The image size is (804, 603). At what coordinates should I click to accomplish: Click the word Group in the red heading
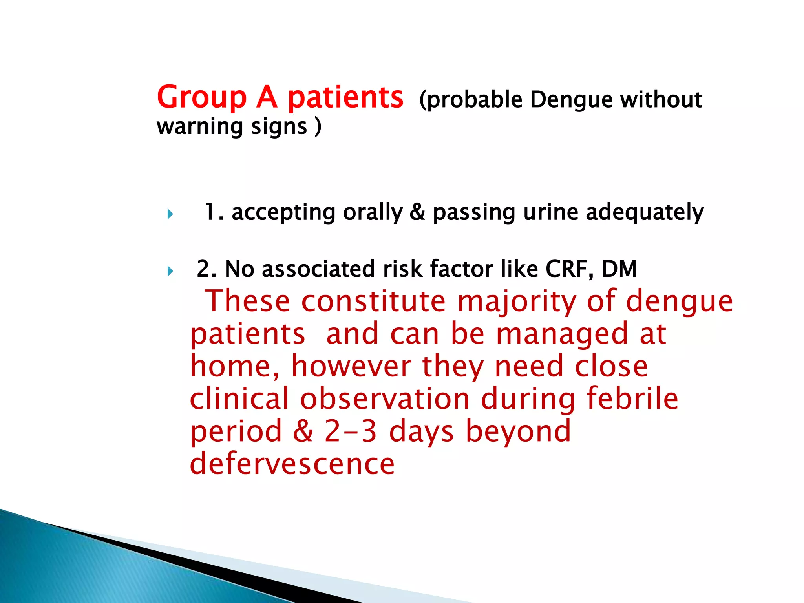(201, 97)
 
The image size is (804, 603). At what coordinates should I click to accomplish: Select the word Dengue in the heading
(571, 100)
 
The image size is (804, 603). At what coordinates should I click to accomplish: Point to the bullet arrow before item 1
(170, 214)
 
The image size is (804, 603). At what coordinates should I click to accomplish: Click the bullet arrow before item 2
(170, 271)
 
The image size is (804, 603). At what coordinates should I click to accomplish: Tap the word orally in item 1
(373, 212)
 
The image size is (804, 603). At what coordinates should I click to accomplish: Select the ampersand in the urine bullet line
(417, 212)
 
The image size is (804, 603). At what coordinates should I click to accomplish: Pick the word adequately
(645, 212)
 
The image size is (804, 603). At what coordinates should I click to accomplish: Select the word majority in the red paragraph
(517, 301)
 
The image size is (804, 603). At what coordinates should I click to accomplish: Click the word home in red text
(235, 366)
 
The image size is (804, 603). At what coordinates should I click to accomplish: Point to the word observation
(385, 399)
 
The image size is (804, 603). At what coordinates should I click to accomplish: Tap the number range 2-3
(351, 431)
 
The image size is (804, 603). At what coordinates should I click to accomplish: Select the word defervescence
(292, 464)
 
